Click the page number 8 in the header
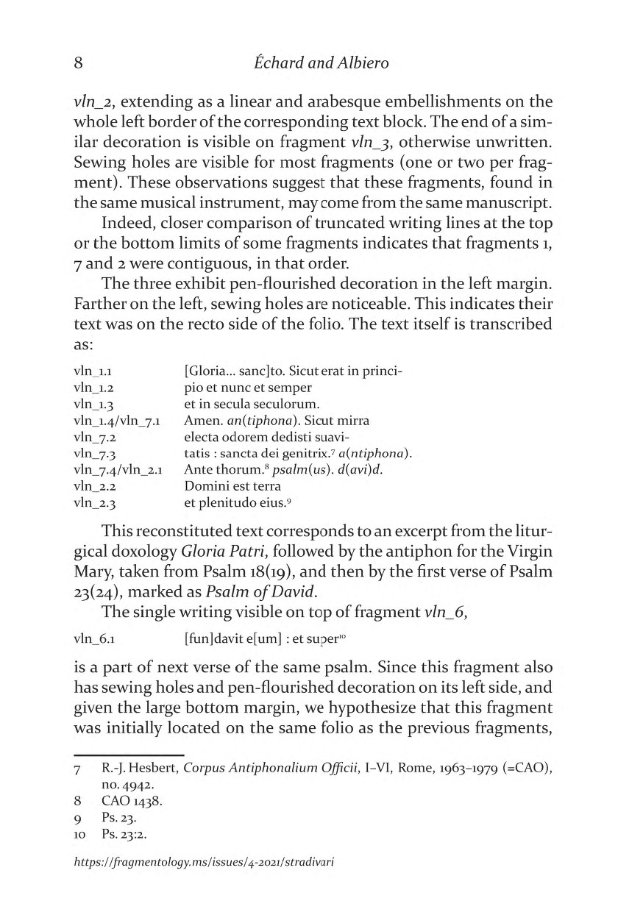79,63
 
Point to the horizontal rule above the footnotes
128,755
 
